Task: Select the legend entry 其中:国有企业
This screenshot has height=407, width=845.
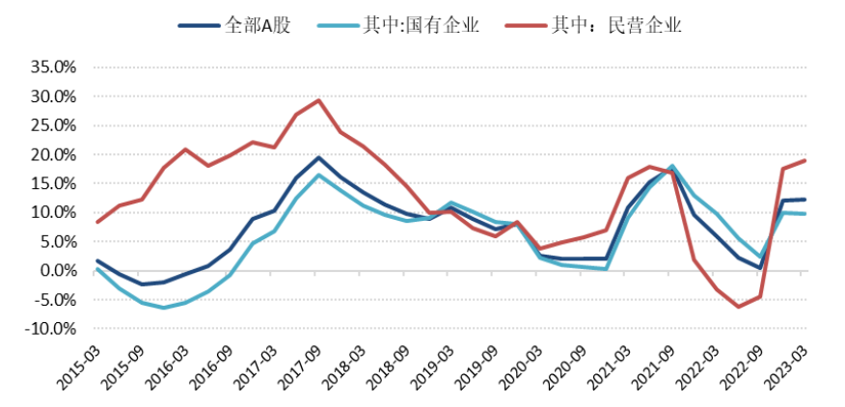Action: (409, 24)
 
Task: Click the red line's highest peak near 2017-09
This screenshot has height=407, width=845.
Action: (318, 100)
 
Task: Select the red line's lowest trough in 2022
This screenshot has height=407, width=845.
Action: (739, 307)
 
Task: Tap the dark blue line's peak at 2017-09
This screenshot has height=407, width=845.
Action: (318, 157)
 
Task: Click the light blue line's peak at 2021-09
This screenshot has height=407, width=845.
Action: (672, 166)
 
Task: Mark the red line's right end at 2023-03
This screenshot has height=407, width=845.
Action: (805, 160)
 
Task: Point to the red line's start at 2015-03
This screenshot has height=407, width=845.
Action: (97, 222)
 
